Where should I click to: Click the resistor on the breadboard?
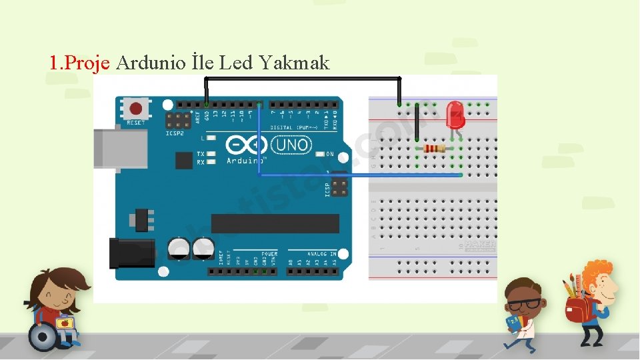tap(435, 148)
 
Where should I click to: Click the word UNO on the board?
tap(293, 145)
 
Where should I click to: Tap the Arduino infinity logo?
tap(247, 145)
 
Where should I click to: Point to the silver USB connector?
tap(120, 148)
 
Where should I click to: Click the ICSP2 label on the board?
tap(175, 133)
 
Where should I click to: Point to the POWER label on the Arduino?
tap(269, 254)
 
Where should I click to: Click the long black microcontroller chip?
tap(275, 223)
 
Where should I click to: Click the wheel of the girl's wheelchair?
tap(43, 337)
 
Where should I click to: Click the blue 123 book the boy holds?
tap(513, 324)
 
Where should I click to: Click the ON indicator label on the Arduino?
tap(329, 154)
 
